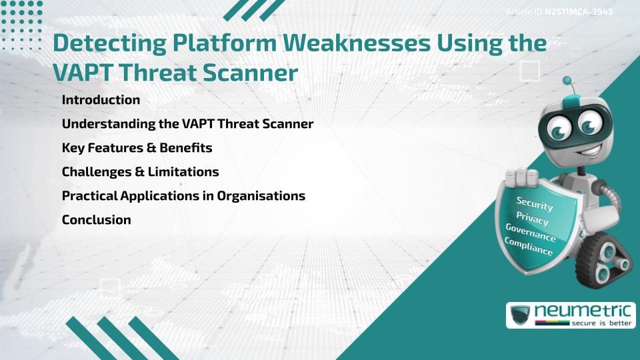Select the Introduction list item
(x=101, y=100)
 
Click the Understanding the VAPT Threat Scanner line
(x=187, y=124)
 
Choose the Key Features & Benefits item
(x=137, y=147)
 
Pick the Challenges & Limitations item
(x=140, y=171)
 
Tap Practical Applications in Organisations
(x=183, y=196)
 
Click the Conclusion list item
(x=96, y=220)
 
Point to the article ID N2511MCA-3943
(x=579, y=11)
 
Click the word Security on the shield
(x=535, y=204)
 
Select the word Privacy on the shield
(x=532, y=219)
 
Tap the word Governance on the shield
(x=531, y=233)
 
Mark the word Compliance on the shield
(x=529, y=247)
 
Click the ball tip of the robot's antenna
(x=567, y=81)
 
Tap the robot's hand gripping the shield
(x=521, y=177)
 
